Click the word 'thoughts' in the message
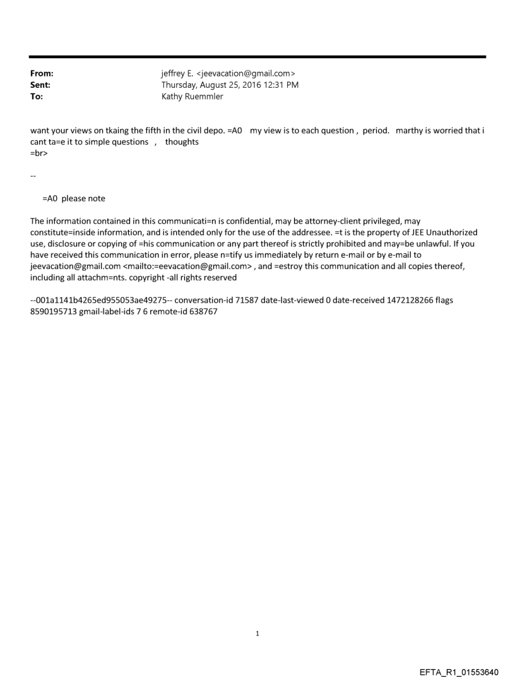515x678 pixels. click(182, 142)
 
